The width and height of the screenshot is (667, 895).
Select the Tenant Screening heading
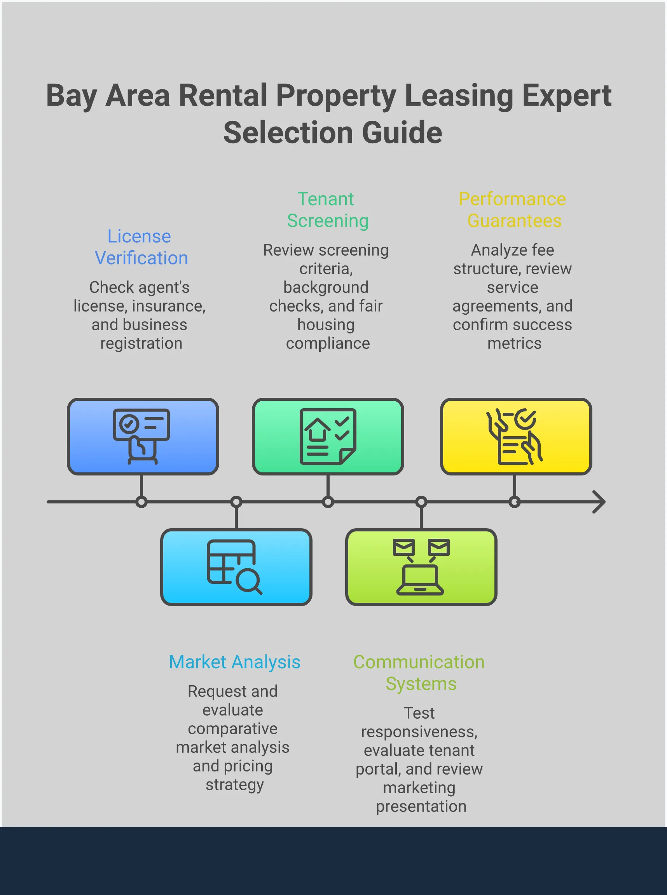click(x=327, y=210)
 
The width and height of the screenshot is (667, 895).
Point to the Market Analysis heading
click(x=235, y=662)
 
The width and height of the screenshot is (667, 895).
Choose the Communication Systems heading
click(x=419, y=673)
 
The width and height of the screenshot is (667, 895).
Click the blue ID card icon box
click(x=143, y=436)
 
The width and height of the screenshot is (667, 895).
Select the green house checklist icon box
click(x=328, y=436)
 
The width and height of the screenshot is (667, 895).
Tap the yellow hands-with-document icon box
click(x=515, y=436)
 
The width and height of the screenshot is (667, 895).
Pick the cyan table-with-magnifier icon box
click(x=236, y=566)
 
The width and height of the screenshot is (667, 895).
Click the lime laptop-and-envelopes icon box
click(x=421, y=566)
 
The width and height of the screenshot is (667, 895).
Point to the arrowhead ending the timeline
click(x=600, y=502)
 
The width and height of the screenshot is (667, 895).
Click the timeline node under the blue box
click(x=141, y=502)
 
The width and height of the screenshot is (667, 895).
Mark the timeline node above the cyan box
click(x=236, y=502)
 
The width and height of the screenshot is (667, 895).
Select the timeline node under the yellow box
click(x=514, y=502)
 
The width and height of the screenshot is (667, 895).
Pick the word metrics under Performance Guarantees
click(x=514, y=343)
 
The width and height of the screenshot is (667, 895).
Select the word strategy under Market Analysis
click(x=235, y=784)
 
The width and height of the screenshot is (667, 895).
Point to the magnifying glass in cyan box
click(x=248, y=581)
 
